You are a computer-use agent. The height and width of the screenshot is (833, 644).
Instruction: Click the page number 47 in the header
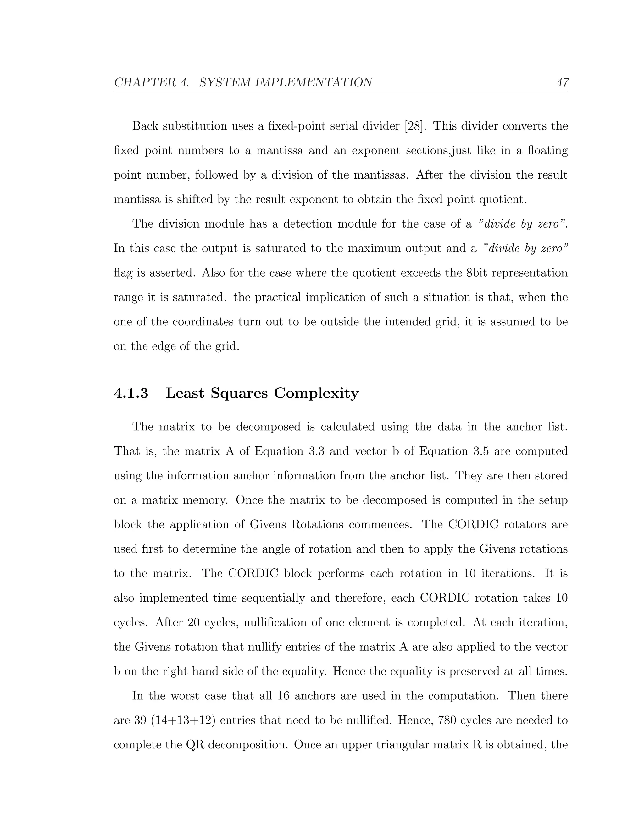coord(562,82)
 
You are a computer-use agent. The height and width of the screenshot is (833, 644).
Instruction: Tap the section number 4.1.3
coord(130,393)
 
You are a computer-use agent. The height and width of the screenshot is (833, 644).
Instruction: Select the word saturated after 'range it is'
coord(199,297)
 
